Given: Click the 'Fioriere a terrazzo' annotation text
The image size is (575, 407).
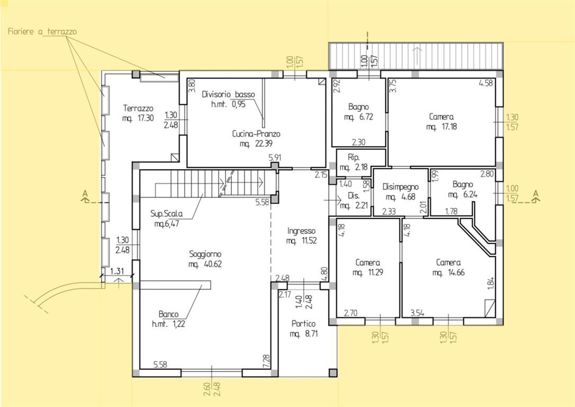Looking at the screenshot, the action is click(42, 32).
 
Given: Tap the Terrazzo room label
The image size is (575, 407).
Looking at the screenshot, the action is click(138, 108).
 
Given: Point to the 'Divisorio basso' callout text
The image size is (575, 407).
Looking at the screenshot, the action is click(228, 94).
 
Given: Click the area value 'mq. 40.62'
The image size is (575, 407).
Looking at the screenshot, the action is click(205, 264).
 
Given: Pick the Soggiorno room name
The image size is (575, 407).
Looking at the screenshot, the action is click(205, 254).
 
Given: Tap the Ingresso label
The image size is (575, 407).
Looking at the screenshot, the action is click(301, 231).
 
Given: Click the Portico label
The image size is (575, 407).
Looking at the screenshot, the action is click(303, 324).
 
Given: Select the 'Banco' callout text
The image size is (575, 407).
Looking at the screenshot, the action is click(168, 314).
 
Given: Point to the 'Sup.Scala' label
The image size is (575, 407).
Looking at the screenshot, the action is click(166, 214).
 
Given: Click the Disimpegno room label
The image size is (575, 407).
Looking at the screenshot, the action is click(400, 187).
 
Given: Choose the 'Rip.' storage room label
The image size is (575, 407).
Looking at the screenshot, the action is click(354, 157).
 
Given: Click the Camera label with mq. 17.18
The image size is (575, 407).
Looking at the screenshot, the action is click(441, 117).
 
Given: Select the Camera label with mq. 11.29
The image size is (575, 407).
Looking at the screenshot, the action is click(367, 262).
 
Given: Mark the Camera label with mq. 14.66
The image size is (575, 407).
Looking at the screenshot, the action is click(448, 262).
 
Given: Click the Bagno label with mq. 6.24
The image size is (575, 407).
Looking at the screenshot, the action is click(462, 184).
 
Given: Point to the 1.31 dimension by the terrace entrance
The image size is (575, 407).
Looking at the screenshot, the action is click(117, 271).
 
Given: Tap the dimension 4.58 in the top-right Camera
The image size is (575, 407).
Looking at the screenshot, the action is click(486, 83).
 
